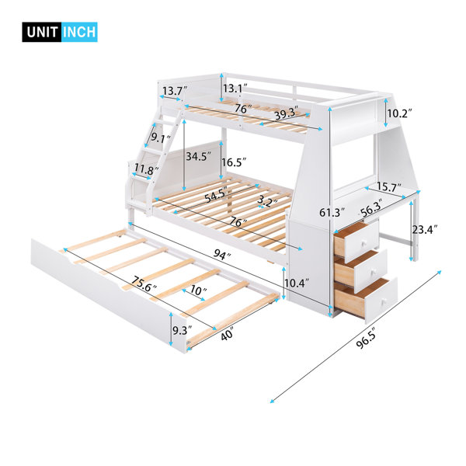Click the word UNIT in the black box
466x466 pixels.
click(42, 32)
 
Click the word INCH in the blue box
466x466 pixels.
click(80, 32)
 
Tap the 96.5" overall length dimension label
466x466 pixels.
click(367, 337)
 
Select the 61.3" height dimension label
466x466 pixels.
click(332, 212)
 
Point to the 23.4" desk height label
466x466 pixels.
click(425, 229)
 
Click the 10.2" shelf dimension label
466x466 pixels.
click(400, 113)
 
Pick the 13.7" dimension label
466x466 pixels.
click(175, 90)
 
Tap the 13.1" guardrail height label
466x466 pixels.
click(235, 89)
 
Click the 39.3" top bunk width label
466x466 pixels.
click(286, 113)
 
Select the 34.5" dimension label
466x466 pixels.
click(199, 156)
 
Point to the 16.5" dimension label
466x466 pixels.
click(234, 162)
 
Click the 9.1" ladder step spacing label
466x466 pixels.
click(161, 137)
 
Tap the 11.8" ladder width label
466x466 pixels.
click(146, 169)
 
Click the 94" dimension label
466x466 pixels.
click(222, 254)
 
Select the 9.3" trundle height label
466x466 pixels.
click(183, 331)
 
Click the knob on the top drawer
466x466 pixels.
click(363, 243)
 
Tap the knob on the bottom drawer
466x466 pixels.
click(384, 302)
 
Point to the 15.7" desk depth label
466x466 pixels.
click(389, 187)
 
